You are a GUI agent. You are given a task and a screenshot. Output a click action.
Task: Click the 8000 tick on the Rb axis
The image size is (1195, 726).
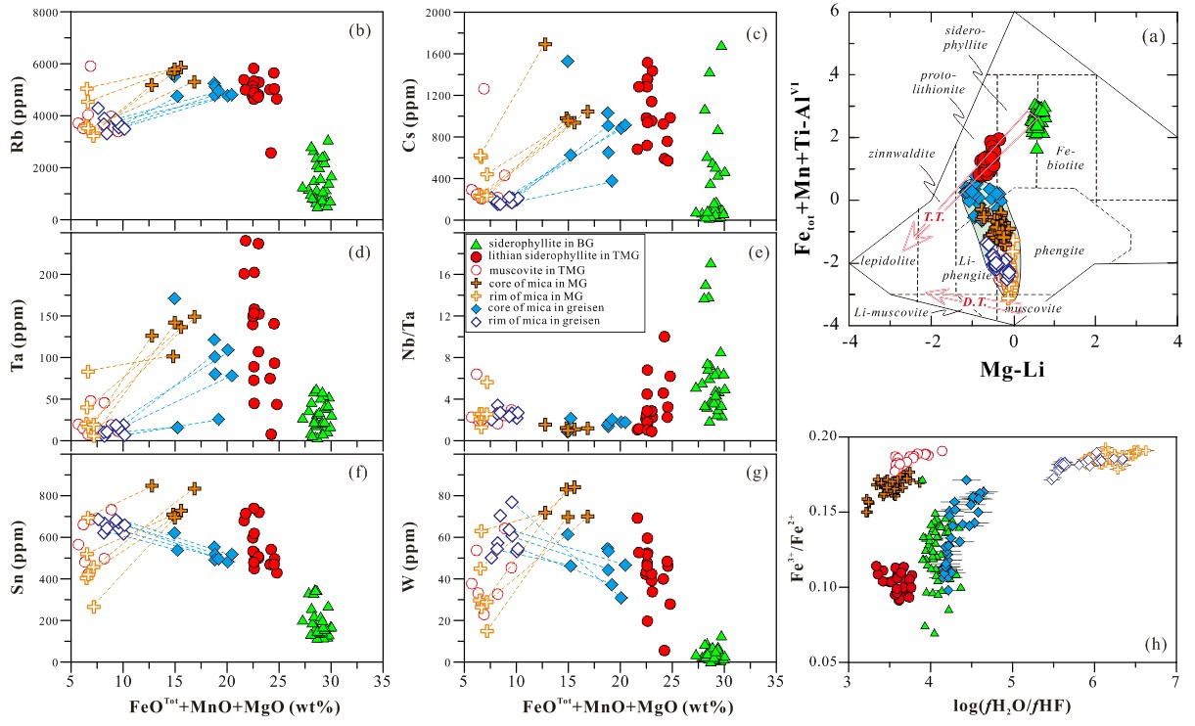(46, 13)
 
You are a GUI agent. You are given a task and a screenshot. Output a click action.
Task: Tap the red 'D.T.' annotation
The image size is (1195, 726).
(974, 302)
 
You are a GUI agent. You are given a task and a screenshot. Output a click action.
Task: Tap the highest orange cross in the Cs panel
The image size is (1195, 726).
(545, 44)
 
